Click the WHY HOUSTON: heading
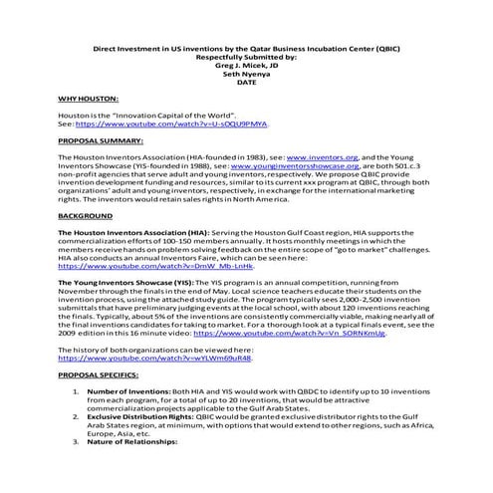click(89, 101)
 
